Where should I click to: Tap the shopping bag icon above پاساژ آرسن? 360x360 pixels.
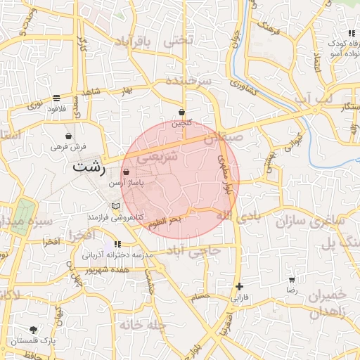click(126, 172)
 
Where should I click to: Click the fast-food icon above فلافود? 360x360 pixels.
click(56, 98)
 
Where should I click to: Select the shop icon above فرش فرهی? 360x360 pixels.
click(68, 136)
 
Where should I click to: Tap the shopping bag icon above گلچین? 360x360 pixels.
click(182, 112)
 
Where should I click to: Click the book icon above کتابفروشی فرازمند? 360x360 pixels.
click(116, 206)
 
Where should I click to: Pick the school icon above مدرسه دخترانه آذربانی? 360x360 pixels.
click(117, 243)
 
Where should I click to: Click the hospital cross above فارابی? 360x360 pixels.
click(240, 286)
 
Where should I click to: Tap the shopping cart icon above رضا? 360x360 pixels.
click(292, 279)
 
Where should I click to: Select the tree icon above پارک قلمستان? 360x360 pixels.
click(33, 329)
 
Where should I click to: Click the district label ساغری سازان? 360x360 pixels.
click(310, 221)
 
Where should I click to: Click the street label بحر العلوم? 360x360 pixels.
click(164, 221)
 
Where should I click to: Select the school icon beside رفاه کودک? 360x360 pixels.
click(349, 33)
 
